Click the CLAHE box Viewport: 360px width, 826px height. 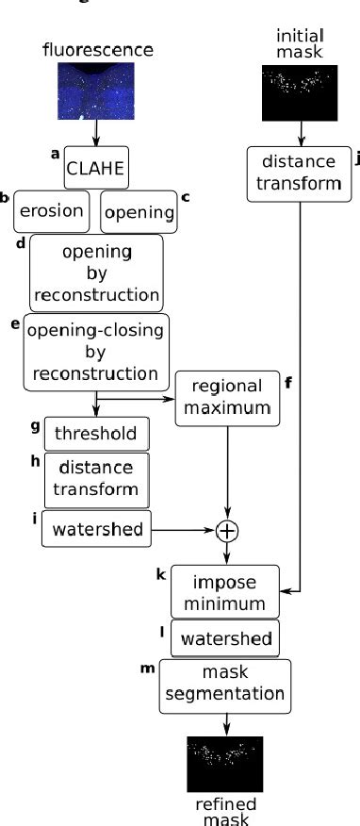(95, 172)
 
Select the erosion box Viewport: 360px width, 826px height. (52, 211)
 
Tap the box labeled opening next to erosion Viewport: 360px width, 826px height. (139, 212)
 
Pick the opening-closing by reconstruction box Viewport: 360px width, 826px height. (96, 352)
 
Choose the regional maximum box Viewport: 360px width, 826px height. (226, 398)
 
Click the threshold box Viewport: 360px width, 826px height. (96, 434)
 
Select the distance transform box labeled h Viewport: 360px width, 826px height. (96, 479)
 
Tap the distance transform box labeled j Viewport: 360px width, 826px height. (299, 173)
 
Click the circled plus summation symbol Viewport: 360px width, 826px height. (226, 532)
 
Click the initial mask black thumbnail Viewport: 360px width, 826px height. (299, 92)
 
